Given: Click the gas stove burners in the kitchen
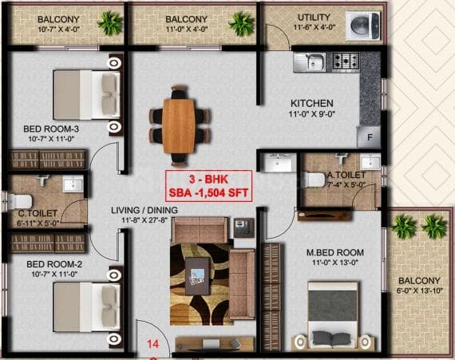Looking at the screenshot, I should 346,61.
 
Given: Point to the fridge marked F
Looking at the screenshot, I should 370,137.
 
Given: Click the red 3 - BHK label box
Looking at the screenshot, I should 208,184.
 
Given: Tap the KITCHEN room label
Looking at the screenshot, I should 311,104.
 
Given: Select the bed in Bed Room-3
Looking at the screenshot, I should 86,93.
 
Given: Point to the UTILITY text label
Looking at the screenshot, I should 314,18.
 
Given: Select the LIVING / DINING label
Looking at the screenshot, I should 144,210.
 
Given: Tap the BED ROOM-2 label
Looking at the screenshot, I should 55,264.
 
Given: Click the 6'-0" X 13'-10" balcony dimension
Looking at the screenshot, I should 419,291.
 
